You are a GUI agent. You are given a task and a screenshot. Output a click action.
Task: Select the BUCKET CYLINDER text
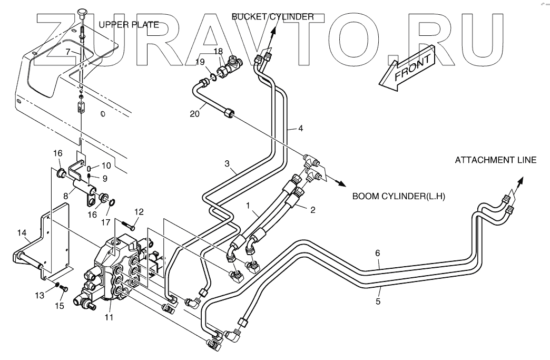click(273, 17)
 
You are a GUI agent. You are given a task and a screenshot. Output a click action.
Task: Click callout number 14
click(22, 231)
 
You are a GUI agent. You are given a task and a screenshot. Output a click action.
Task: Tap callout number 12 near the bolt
click(138, 211)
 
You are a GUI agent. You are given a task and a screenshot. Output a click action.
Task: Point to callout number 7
click(68, 52)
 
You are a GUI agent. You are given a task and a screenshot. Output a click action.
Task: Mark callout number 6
click(377, 253)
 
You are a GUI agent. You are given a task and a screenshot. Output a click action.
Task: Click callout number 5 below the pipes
click(377, 302)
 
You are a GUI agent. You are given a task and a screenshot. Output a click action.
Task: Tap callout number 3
click(227, 164)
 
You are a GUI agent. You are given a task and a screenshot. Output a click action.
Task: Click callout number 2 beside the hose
click(312, 210)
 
